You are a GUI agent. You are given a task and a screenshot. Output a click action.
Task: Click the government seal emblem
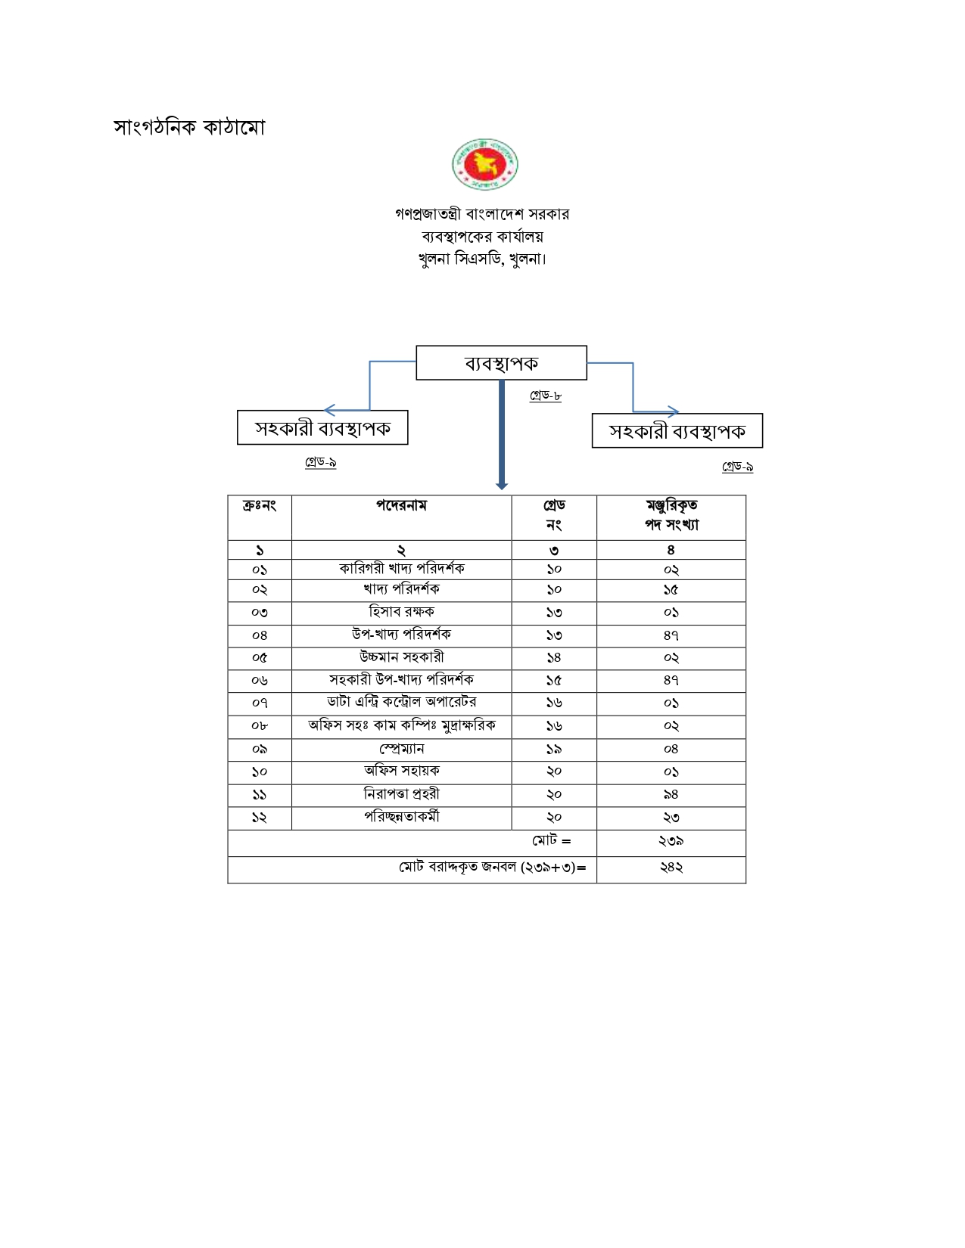tap(484, 164)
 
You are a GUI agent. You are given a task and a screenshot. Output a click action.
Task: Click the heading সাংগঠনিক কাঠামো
tap(189, 127)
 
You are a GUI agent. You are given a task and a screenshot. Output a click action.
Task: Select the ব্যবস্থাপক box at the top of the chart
tap(501, 362)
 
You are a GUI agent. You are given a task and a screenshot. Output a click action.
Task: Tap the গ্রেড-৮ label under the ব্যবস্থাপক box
tap(546, 395)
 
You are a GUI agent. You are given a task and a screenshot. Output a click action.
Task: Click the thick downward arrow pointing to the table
tap(502, 435)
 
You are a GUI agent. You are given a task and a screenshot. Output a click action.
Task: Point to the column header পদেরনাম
tap(401, 505)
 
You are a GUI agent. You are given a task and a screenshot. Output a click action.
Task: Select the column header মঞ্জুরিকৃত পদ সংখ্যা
tap(671, 515)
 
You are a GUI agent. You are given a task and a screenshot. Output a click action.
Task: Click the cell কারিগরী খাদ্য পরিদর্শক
tap(402, 569)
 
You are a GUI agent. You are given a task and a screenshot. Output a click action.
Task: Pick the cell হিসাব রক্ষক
tap(402, 612)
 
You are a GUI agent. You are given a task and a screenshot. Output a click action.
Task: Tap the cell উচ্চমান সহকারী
tap(402, 657)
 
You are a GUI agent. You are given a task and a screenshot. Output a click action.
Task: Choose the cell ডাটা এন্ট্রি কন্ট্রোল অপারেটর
tap(402, 702)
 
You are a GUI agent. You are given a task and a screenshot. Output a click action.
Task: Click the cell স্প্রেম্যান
tap(402, 749)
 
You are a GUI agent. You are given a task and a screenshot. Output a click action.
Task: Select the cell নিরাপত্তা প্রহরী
tap(402, 794)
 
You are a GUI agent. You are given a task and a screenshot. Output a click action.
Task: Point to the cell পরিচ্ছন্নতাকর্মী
tap(402, 817)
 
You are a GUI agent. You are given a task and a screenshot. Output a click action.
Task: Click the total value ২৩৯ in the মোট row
tap(671, 841)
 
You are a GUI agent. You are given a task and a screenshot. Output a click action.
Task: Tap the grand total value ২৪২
tap(671, 868)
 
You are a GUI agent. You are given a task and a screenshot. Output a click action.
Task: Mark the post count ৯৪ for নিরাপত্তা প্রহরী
tap(671, 795)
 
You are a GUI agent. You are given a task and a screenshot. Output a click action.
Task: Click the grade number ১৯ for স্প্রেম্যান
tap(554, 750)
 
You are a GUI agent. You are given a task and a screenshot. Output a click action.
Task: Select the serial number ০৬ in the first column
tap(259, 681)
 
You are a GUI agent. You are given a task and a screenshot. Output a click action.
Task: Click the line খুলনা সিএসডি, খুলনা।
tap(482, 259)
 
